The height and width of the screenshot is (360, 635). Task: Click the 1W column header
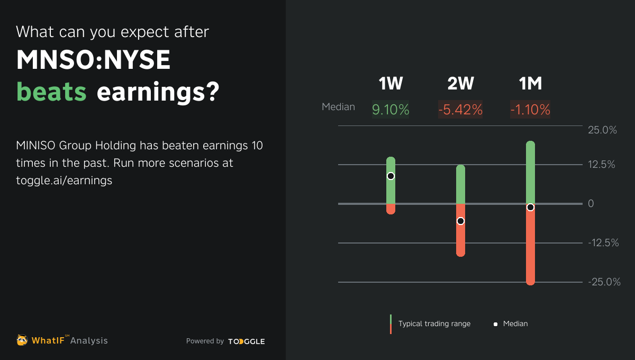coord(391,84)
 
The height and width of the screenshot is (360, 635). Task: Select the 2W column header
coord(460,84)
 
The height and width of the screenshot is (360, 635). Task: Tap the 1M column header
coord(530,84)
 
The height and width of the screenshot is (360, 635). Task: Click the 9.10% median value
coord(391,110)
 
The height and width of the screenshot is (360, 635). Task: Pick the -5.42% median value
coord(460,110)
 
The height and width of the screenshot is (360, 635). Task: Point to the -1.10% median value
coord(530,110)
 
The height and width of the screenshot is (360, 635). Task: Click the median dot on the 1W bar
coord(391,176)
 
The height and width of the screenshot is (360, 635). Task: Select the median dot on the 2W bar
coord(460,221)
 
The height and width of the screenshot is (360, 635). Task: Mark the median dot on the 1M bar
coord(530,207)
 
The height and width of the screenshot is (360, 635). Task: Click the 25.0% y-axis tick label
coord(602,130)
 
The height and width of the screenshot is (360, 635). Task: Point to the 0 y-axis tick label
coord(591,204)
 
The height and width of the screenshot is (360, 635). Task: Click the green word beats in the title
coord(51,92)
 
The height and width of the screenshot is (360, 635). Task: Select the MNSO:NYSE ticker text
coord(94,61)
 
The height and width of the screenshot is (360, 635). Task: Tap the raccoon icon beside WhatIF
coord(22,340)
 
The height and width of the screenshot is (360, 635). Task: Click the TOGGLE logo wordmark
coord(247,341)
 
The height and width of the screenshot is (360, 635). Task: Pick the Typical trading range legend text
coord(434,323)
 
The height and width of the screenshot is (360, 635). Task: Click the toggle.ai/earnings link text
coord(64,180)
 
